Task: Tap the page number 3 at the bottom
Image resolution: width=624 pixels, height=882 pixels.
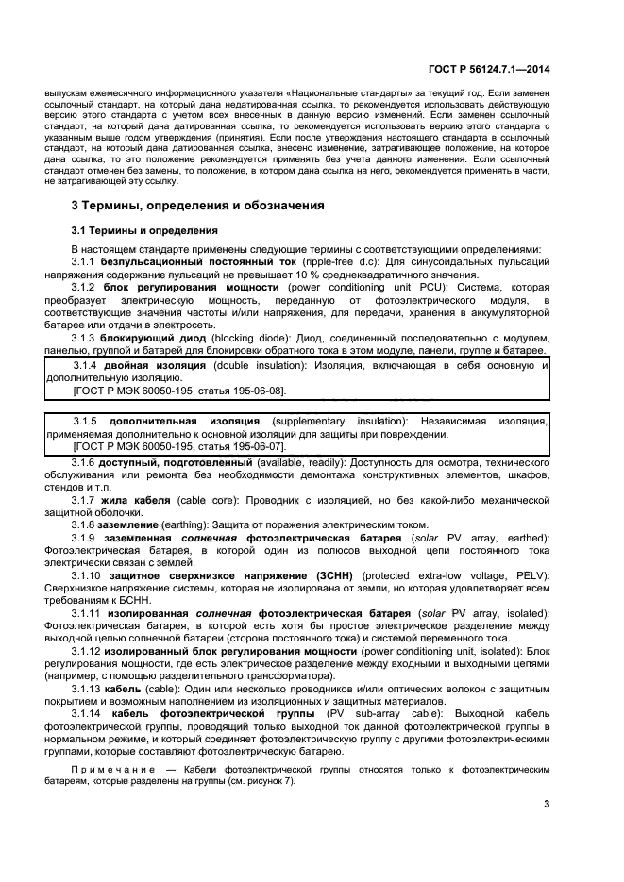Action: click(x=547, y=804)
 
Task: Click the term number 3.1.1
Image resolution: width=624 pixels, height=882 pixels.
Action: click(x=85, y=260)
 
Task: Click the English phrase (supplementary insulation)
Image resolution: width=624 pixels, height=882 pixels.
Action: click(x=336, y=421)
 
